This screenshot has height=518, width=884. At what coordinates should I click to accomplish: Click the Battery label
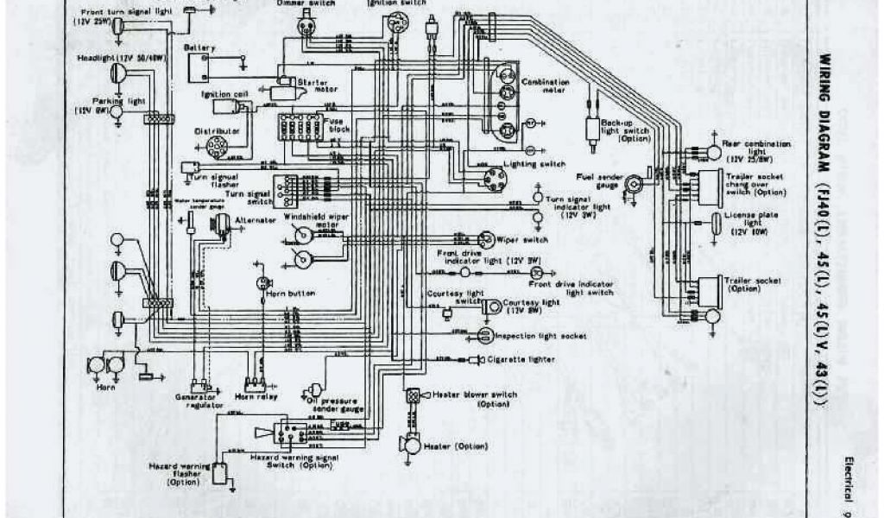coord(193,48)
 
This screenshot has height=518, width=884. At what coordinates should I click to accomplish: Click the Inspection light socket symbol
coord(484,335)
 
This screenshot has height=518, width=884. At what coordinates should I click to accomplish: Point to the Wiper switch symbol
coord(485,238)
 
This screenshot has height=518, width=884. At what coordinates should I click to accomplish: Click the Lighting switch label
coord(539,164)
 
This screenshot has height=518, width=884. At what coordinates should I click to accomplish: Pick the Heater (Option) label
coord(451,445)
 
